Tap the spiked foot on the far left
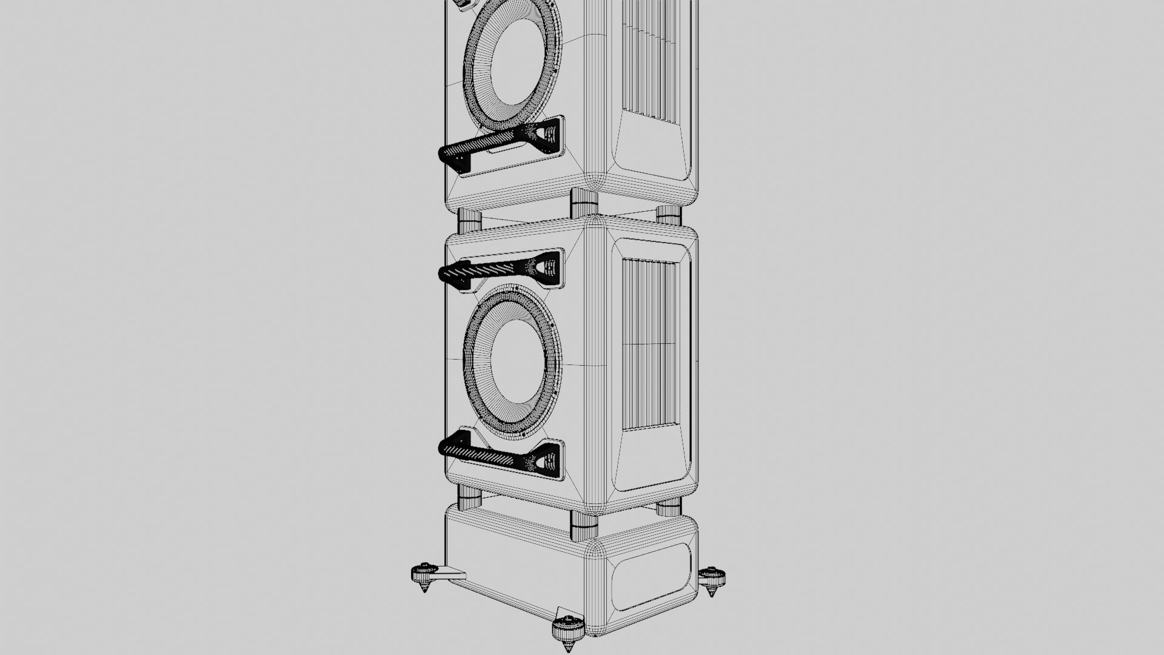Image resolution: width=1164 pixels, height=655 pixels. (x=424, y=576)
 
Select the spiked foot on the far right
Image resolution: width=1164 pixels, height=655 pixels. (x=712, y=579)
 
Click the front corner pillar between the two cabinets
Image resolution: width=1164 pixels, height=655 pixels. (x=584, y=203)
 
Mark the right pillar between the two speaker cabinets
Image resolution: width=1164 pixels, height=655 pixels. (x=669, y=215)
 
